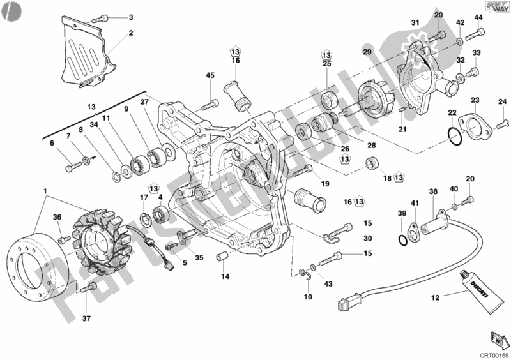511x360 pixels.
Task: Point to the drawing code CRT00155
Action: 494,354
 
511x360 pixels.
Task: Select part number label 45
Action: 210,76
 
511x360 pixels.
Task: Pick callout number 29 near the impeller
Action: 367,52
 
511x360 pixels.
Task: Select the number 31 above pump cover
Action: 415,24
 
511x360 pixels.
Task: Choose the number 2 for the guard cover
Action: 130,33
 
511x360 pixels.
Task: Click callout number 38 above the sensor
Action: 433,192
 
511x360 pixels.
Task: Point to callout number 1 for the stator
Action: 45,191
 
